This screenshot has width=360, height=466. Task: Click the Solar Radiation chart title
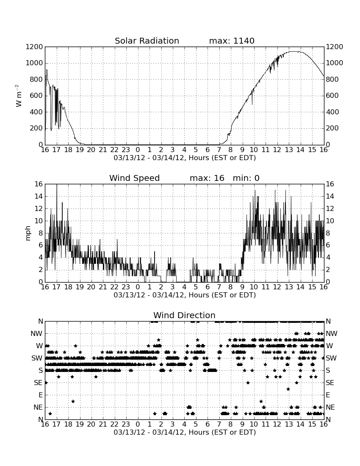(x=147, y=41)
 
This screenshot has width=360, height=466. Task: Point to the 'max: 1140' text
(x=232, y=41)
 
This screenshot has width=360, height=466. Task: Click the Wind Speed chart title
(x=134, y=178)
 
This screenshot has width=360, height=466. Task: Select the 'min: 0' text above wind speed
(x=246, y=178)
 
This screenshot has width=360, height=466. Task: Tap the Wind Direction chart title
(x=184, y=315)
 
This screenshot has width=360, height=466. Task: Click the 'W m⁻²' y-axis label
(x=18, y=96)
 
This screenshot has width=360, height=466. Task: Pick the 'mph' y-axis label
(x=28, y=233)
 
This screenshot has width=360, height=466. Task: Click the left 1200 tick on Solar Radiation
(x=34, y=47)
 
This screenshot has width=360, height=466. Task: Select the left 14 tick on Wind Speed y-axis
(x=39, y=197)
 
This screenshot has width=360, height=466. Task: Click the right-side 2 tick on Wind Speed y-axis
(x=328, y=270)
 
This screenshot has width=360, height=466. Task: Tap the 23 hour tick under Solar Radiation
(x=126, y=150)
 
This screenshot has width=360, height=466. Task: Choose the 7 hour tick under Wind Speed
(x=219, y=287)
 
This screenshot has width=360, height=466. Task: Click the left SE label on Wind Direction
(x=38, y=383)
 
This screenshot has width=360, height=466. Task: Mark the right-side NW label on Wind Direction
(x=332, y=334)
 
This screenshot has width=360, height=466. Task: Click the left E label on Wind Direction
(x=41, y=395)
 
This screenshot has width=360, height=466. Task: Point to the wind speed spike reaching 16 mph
(x=57, y=185)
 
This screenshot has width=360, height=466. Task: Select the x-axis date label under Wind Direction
(x=185, y=432)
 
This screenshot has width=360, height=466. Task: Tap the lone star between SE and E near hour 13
(x=288, y=389)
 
